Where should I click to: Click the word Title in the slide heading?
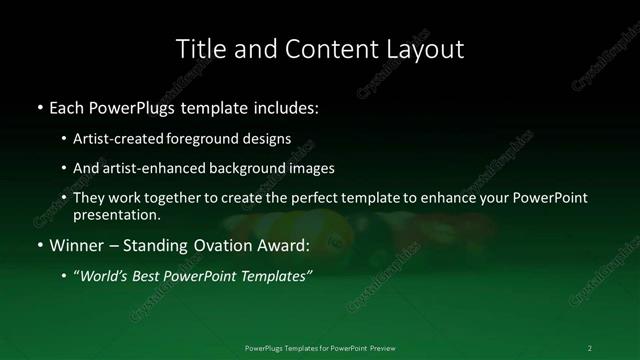click(x=198, y=49)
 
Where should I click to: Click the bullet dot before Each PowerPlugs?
click(x=38, y=106)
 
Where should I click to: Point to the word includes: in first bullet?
click(x=291, y=106)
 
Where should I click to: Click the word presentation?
click(x=116, y=214)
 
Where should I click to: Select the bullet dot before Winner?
click(x=38, y=245)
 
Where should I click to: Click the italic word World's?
click(x=104, y=276)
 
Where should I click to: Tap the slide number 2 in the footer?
click(x=589, y=347)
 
